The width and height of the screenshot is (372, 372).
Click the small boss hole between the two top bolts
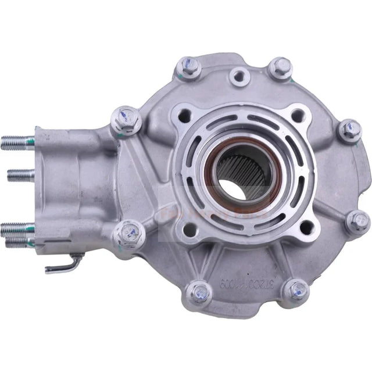(x=238, y=75)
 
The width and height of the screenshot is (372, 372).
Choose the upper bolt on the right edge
(x=350, y=130)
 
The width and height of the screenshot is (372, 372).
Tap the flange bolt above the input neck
(x=125, y=120)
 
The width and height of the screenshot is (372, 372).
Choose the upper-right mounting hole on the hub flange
(x=298, y=114)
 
